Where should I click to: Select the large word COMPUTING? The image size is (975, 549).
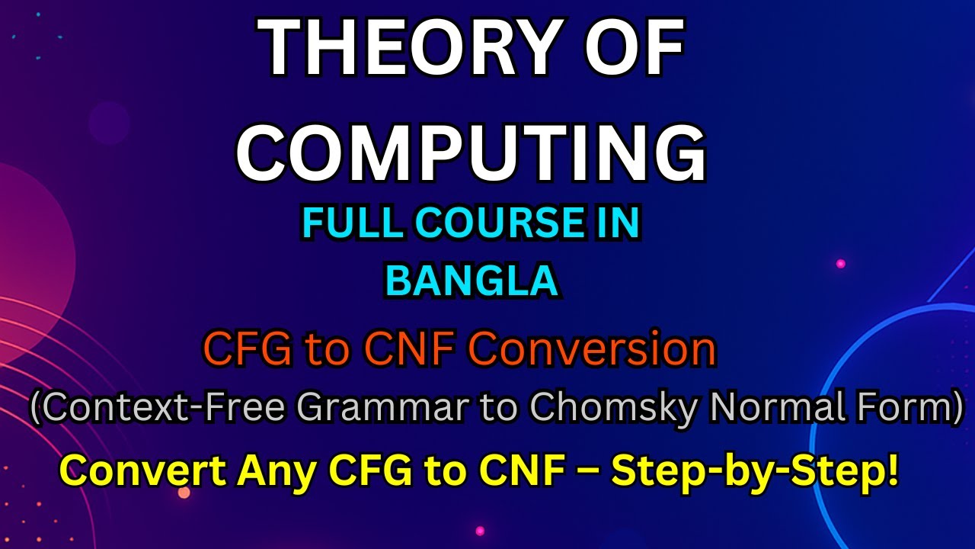tap(471, 152)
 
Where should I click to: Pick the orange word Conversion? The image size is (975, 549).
tap(592, 351)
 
